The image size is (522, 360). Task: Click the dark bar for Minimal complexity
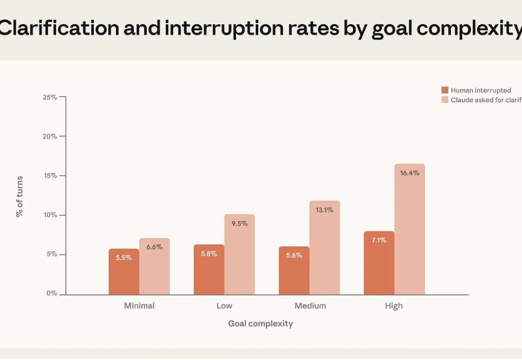point(124,272)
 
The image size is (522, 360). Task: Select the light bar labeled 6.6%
point(155,267)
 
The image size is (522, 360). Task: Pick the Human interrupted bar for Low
point(209,270)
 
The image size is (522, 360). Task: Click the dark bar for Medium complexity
point(294,271)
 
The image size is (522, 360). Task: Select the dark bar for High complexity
point(379,263)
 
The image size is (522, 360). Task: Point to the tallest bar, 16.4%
point(410,230)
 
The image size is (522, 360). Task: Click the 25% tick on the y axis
point(51,97)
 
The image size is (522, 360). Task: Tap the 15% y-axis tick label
point(51,176)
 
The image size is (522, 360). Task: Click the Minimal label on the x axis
point(139,306)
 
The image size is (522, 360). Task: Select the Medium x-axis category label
point(310,306)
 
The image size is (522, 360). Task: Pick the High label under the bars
point(394,306)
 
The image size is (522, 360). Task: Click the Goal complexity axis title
point(260,323)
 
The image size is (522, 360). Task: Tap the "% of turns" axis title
point(20,196)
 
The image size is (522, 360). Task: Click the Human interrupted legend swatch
point(445,90)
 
